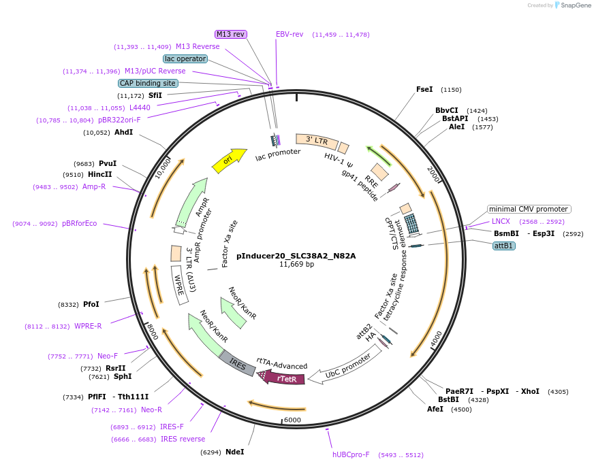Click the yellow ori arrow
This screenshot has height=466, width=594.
tap(230, 161)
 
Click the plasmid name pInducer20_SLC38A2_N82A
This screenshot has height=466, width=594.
tap(296, 256)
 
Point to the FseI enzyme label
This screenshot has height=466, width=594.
tap(424, 89)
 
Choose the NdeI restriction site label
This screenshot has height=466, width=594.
tap(234, 452)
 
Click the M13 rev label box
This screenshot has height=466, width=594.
tap(231, 34)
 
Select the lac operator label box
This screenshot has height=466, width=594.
tap(185, 59)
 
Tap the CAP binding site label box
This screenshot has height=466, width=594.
tap(148, 83)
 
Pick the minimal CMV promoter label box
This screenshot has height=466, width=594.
tap(529, 209)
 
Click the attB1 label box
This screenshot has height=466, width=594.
tap(503, 246)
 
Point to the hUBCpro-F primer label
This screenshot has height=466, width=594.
tap(351, 454)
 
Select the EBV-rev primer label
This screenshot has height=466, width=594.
tap(290, 34)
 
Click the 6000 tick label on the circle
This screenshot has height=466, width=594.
tap(292, 420)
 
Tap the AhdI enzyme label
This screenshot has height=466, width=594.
tap(123, 132)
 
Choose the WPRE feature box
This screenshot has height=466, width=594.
tap(180, 288)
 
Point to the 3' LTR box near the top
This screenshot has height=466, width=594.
tap(317, 141)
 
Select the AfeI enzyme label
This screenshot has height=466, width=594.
tap(435, 409)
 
